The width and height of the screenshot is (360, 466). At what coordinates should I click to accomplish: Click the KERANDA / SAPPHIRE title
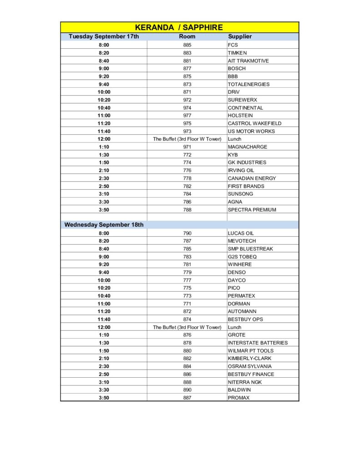[179, 27]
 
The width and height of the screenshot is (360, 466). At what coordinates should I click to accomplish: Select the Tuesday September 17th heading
[104, 36]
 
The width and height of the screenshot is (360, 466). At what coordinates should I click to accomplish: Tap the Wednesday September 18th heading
[104, 225]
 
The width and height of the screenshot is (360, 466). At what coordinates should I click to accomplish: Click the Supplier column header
[240, 36]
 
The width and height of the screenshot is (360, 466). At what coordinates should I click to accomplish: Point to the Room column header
[187, 36]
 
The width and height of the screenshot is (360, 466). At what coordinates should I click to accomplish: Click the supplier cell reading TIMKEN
[238, 53]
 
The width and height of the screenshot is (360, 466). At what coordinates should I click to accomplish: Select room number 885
[187, 45]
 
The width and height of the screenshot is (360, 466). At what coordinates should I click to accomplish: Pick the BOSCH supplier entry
[237, 68]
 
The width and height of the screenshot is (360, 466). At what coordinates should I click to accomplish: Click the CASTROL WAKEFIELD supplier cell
[254, 123]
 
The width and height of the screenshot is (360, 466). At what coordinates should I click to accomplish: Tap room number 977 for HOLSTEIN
[187, 116]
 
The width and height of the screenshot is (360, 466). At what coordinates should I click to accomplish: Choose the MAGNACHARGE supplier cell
[248, 147]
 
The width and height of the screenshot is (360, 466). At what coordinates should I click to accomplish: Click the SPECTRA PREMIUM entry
[252, 210]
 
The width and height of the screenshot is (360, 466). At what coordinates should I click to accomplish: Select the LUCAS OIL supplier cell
[241, 233]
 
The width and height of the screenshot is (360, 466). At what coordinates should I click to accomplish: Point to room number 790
[187, 233]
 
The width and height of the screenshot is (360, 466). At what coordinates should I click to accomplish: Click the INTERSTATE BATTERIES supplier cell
[258, 343]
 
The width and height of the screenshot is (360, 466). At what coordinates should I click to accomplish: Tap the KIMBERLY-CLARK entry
[249, 358]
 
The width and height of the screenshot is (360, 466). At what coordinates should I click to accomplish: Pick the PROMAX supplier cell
[239, 398]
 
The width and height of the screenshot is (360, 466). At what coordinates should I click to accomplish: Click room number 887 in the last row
[187, 398]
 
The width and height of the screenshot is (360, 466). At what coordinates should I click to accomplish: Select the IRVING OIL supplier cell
[241, 170]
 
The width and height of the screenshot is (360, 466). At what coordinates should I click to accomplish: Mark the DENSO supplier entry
[237, 272]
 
